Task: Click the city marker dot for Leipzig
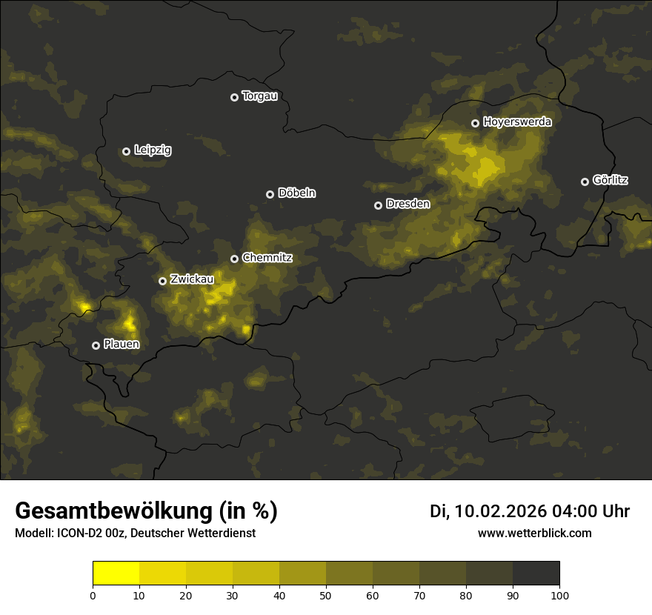[126, 151]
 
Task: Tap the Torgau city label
[259, 96]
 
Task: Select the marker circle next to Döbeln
[270, 194]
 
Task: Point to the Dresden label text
[408, 204]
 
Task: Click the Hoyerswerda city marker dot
[475, 123]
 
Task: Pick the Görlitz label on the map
[611, 180]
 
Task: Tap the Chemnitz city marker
[234, 259]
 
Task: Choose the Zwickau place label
[192, 279]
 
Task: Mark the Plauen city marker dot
[96, 345]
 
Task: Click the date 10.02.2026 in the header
[500, 511]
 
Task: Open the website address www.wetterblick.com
[535, 533]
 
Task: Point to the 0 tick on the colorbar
[93, 595]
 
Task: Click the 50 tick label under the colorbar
[326, 595]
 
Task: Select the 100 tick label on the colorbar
[559, 595]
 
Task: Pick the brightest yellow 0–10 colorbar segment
[116, 574]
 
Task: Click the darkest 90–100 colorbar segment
[536, 574]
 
